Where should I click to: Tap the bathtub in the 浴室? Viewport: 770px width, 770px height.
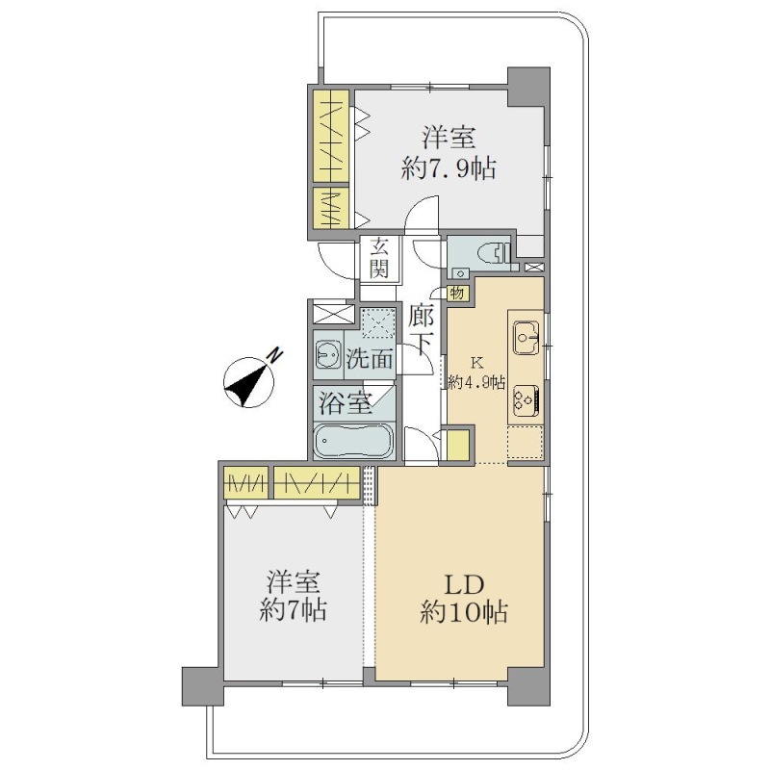pos(353,440)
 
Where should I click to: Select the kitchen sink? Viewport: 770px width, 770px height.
pos(526,338)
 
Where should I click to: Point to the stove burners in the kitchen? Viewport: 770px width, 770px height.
pos(526,399)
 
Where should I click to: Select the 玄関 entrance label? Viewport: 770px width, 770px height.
pos(379,257)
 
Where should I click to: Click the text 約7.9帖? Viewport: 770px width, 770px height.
pos(449,169)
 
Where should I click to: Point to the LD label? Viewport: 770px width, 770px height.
pos(465,584)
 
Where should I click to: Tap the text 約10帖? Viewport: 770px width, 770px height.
pos(464,612)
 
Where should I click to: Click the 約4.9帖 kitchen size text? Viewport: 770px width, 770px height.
pos(476,382)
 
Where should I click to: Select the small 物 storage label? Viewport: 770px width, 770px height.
pos(456,294)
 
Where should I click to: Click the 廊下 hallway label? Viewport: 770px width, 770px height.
pos(421,330)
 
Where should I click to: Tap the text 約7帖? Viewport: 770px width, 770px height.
pos(293,610)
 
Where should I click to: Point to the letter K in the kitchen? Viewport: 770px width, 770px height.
pos(476,364)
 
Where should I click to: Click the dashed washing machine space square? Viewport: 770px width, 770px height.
pos(378,323)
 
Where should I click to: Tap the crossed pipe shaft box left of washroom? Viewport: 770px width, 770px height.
pos(333,315)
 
